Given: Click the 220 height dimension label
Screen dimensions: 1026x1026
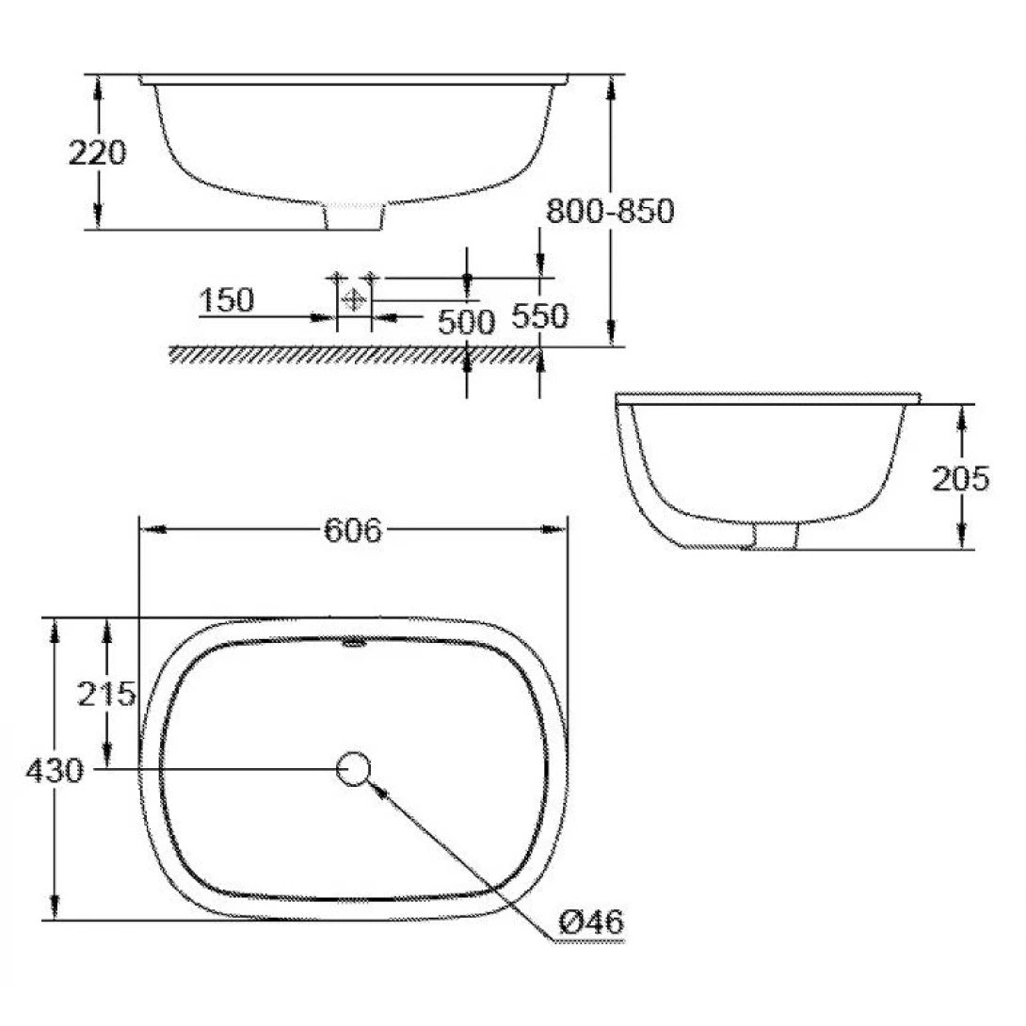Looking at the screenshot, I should [97, 152].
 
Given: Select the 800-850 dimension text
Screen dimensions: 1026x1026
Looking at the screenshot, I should [610, 211].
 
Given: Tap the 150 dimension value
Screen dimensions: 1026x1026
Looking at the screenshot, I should [227, 300].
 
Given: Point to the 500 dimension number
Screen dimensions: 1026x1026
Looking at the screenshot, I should [466, 322].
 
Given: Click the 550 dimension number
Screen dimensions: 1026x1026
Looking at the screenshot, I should [539, 316].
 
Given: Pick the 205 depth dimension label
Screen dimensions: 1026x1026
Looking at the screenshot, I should [960, 479].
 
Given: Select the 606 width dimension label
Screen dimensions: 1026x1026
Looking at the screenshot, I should [353, 531].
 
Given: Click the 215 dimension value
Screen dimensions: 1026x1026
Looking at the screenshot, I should [107, 695].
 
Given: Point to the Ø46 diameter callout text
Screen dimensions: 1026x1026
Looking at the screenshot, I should [591, 922].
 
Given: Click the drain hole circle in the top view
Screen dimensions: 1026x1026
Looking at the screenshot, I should [354, 769].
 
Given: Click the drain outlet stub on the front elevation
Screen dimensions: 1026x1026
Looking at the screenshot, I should [354, 216].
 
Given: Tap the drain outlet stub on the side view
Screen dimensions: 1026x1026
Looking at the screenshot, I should [775, 535].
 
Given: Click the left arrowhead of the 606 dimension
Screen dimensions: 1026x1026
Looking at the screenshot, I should [151, 530].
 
